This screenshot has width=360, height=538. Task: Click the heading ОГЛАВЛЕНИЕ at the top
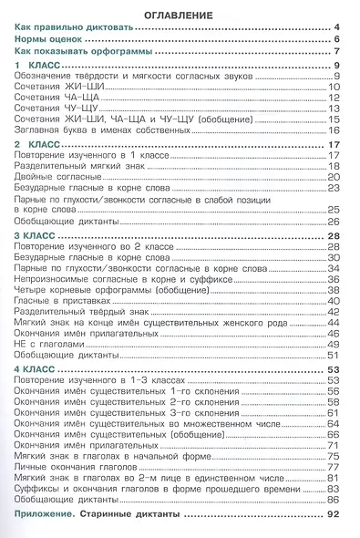coord(179,16)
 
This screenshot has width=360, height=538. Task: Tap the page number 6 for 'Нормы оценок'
coord(337,42)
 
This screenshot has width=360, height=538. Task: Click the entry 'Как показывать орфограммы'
coord(83,54)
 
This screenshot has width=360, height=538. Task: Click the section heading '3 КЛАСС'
coord(42,236)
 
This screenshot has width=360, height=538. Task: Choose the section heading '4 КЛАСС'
coord(42,368)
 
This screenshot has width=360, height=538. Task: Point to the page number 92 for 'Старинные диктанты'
coord(334,517)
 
